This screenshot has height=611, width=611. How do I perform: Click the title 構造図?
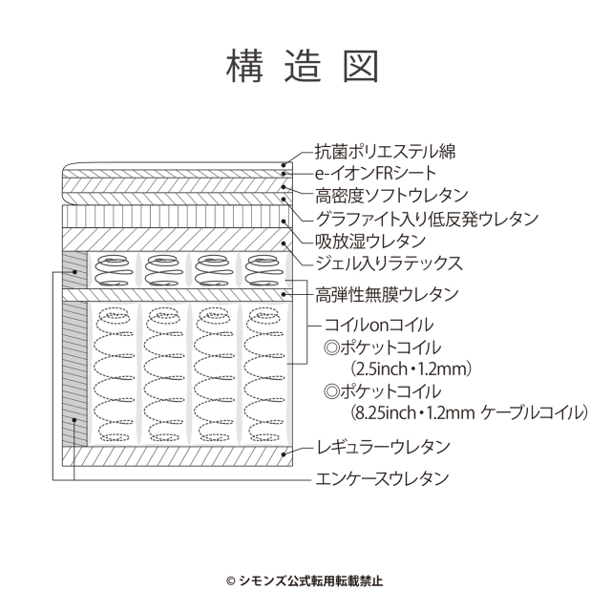click(x=303, y=66)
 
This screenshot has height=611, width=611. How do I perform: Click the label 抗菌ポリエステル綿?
click(x=385, y=152)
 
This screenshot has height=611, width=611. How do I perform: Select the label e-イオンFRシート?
click(x=375, y=174)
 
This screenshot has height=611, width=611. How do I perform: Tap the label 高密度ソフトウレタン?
click(x=391, y=196)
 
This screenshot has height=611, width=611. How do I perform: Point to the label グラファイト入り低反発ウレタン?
click(x=427, y=219)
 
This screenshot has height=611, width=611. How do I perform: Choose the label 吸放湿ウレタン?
click(x=370, y=242)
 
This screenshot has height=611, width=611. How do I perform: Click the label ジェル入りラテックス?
click(x=389, y=263)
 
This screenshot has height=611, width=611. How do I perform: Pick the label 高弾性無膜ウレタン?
click(x=387, y=295)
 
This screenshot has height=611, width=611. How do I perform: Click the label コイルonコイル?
click(x=379, y=325)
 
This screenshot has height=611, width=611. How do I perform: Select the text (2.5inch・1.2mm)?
click(x=411, y=369)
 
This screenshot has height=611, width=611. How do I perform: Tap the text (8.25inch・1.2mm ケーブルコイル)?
click(x=469, y=412)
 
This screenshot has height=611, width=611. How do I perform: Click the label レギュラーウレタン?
click(x=384, y=447)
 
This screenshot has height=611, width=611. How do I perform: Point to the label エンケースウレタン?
click(x=382, y=478)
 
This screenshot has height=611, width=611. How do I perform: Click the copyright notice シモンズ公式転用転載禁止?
click(x=305, y=581)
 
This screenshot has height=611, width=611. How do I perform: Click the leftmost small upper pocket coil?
click(x=113, y=270)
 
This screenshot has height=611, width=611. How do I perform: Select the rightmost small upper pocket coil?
click(x=263, y=270)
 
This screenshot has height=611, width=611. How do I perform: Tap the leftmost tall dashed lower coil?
click(x=113, y=374)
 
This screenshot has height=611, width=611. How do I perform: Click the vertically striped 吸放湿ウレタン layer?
click(x=178, y=217)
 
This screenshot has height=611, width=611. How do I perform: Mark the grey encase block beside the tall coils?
click(x=74, y=373)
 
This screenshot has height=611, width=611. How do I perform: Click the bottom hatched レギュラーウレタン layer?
click(x=178, y=456)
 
